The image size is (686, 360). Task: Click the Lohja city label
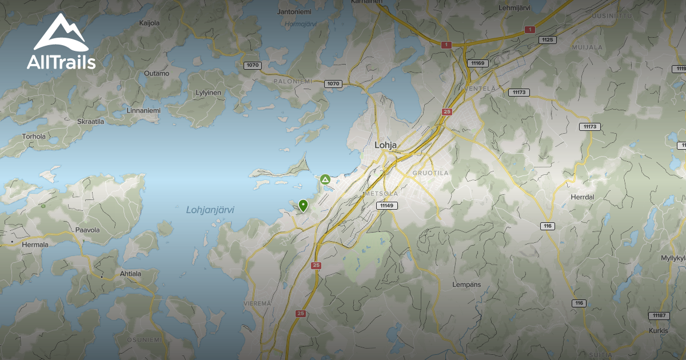pos(385,145)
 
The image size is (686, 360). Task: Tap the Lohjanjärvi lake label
pos(210,210)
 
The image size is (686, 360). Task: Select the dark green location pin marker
pos(303,205)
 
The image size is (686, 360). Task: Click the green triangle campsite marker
pos(325,179)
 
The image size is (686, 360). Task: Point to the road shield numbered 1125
pos(548,39)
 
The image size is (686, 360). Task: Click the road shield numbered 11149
pos(387,205)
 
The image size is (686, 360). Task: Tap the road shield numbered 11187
pos(659,315)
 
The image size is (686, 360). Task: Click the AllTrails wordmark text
pos(61,62)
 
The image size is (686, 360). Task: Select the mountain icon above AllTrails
pos(61,33)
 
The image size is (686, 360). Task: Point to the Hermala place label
pos(35,244)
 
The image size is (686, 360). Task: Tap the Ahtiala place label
pos(130,273)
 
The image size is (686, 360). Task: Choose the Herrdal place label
pos(583,197)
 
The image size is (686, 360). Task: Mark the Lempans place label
pos(466,284)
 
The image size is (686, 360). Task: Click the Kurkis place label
pos(658,330)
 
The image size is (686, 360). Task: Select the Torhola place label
pos(34,137)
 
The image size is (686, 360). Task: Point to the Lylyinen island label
pos(208,92)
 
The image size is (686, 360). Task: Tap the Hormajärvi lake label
pos(300,24)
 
